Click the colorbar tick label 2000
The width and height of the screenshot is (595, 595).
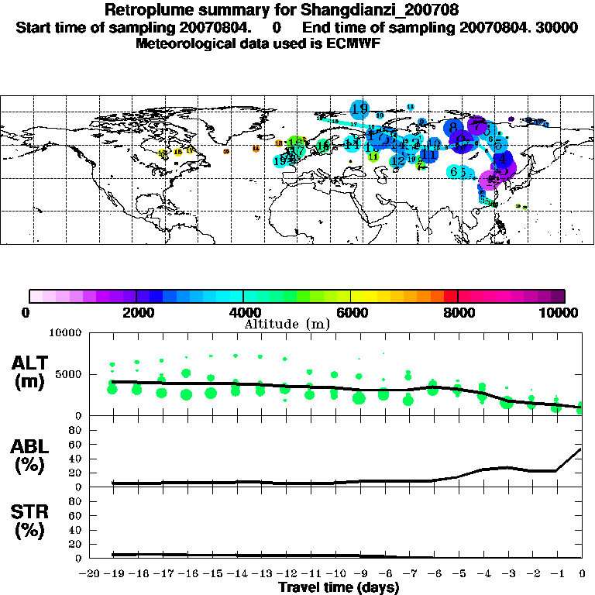[136, 312]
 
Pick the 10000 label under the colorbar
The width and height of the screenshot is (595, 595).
[563, 312]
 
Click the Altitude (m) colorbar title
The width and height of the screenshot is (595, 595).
[287, 323]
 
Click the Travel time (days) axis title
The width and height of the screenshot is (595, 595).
[339, 588]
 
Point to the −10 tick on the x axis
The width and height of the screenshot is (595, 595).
[335, 573]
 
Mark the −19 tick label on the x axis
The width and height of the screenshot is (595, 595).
[113, 573]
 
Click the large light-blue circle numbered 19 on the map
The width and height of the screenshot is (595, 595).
[359, 108]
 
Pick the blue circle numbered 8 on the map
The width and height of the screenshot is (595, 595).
[453, 127]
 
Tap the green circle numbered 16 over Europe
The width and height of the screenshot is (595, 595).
[323, 145]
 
